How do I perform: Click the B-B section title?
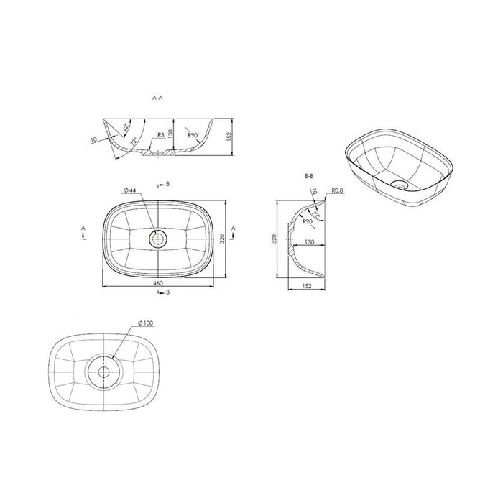tap(309, 175)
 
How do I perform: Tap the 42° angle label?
tap(126, 128)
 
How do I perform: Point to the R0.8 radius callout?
tap(338, 191)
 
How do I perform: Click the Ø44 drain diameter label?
tap(130, 190)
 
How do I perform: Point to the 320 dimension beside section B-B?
tap(274, 240)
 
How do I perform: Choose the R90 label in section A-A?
tap(193, 135)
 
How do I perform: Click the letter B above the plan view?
tap(168, 185)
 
